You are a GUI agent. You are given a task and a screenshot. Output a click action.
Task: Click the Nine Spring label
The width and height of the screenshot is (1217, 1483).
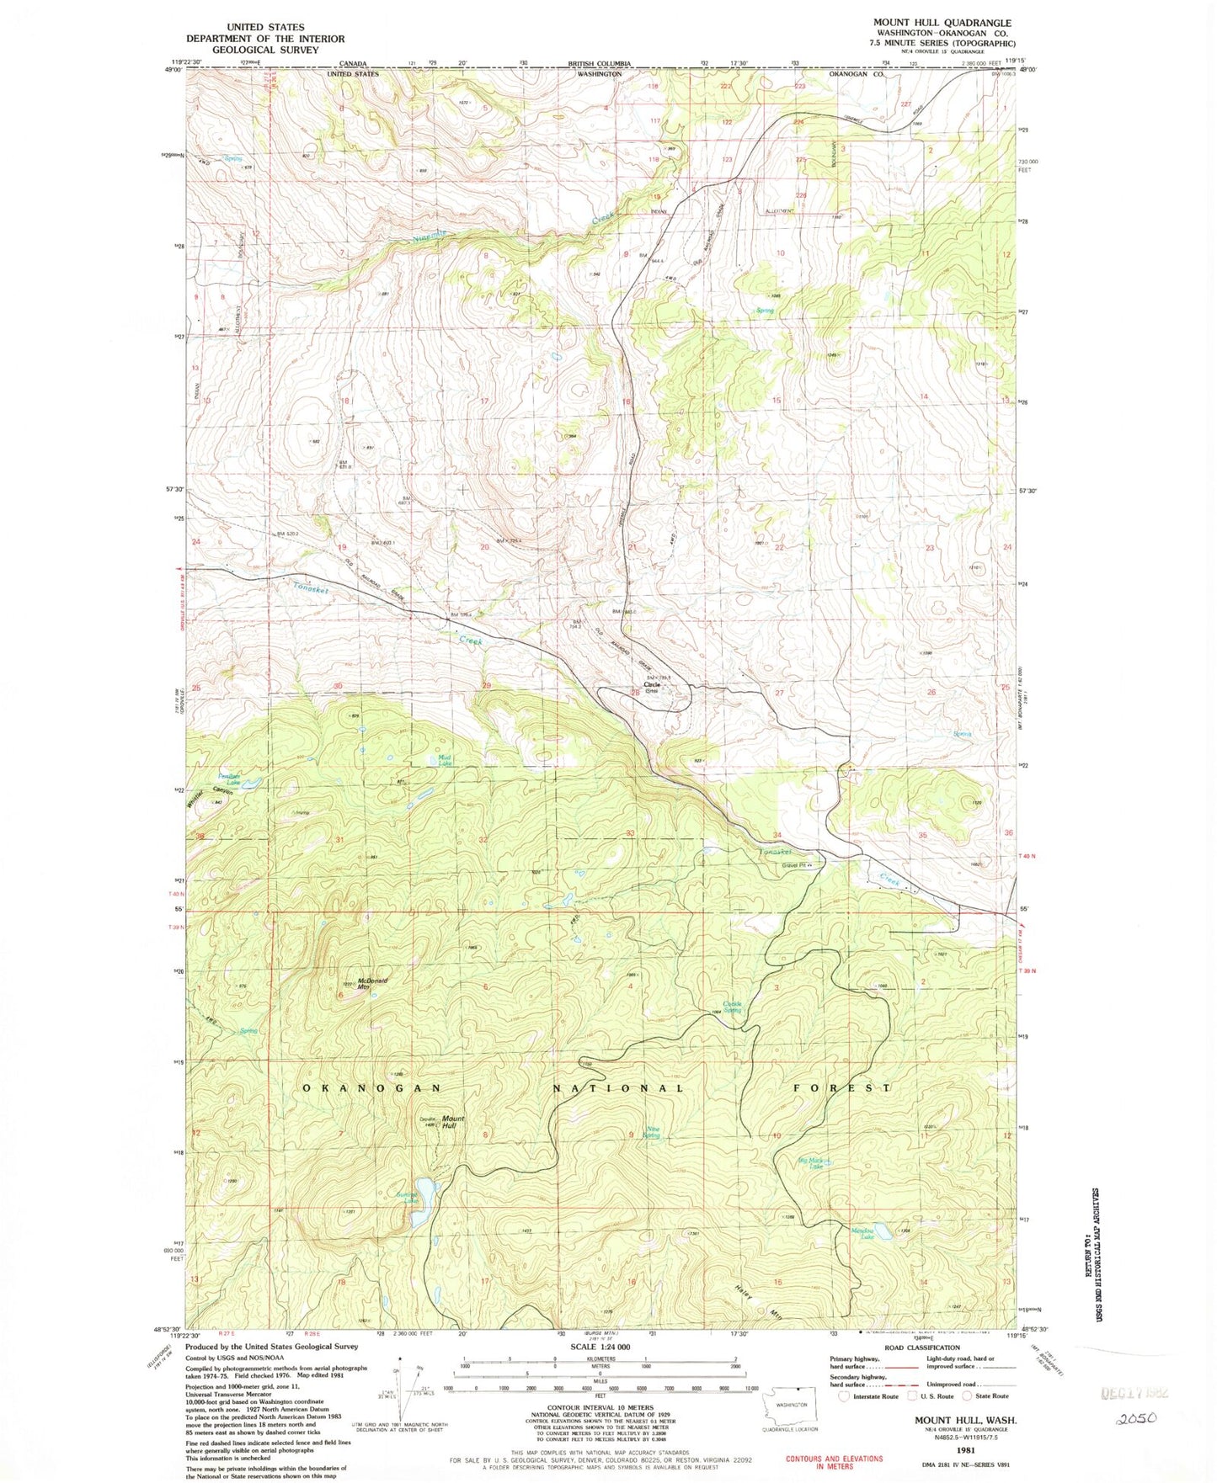point(651,1133)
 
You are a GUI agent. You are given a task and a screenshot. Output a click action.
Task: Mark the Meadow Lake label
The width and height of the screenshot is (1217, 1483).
point(862,1234)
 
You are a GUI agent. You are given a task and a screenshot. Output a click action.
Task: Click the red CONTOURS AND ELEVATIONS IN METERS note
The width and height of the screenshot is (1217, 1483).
point(834,1463)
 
